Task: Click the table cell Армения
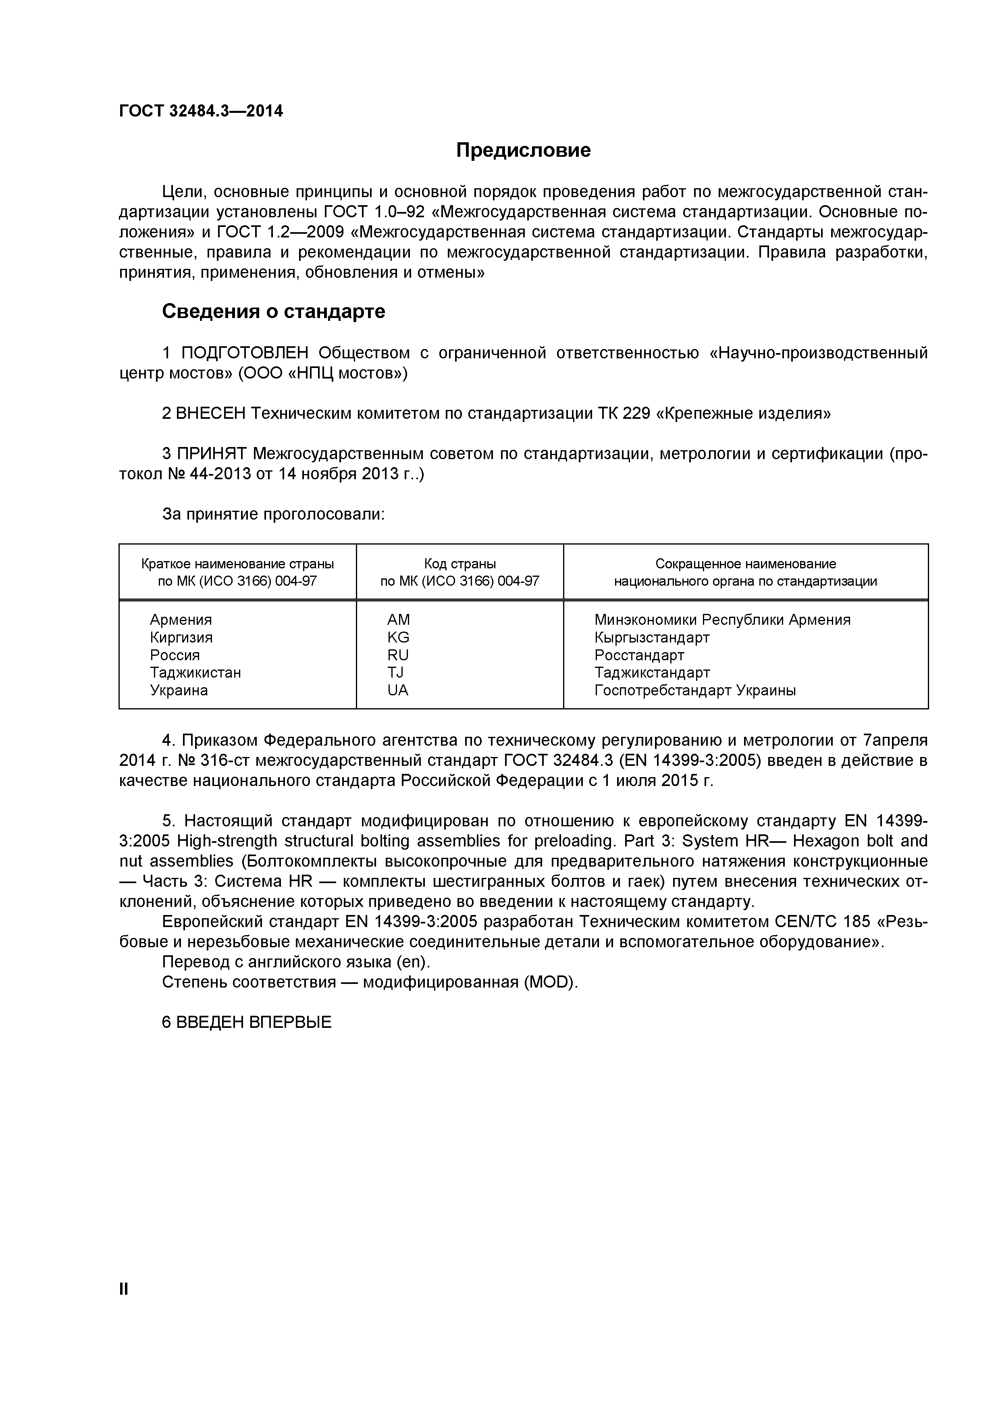click(x=181, y=620)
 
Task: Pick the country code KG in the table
click(x=398, y=637)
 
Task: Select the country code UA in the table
click(x=398, y=690)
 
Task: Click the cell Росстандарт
click(x=639, y=655)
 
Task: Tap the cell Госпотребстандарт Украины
click(x=694, y=690)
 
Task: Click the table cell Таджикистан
click(x=195, y=672)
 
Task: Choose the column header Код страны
click(x=459, y=564)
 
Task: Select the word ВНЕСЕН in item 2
click(x=210, y=413)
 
